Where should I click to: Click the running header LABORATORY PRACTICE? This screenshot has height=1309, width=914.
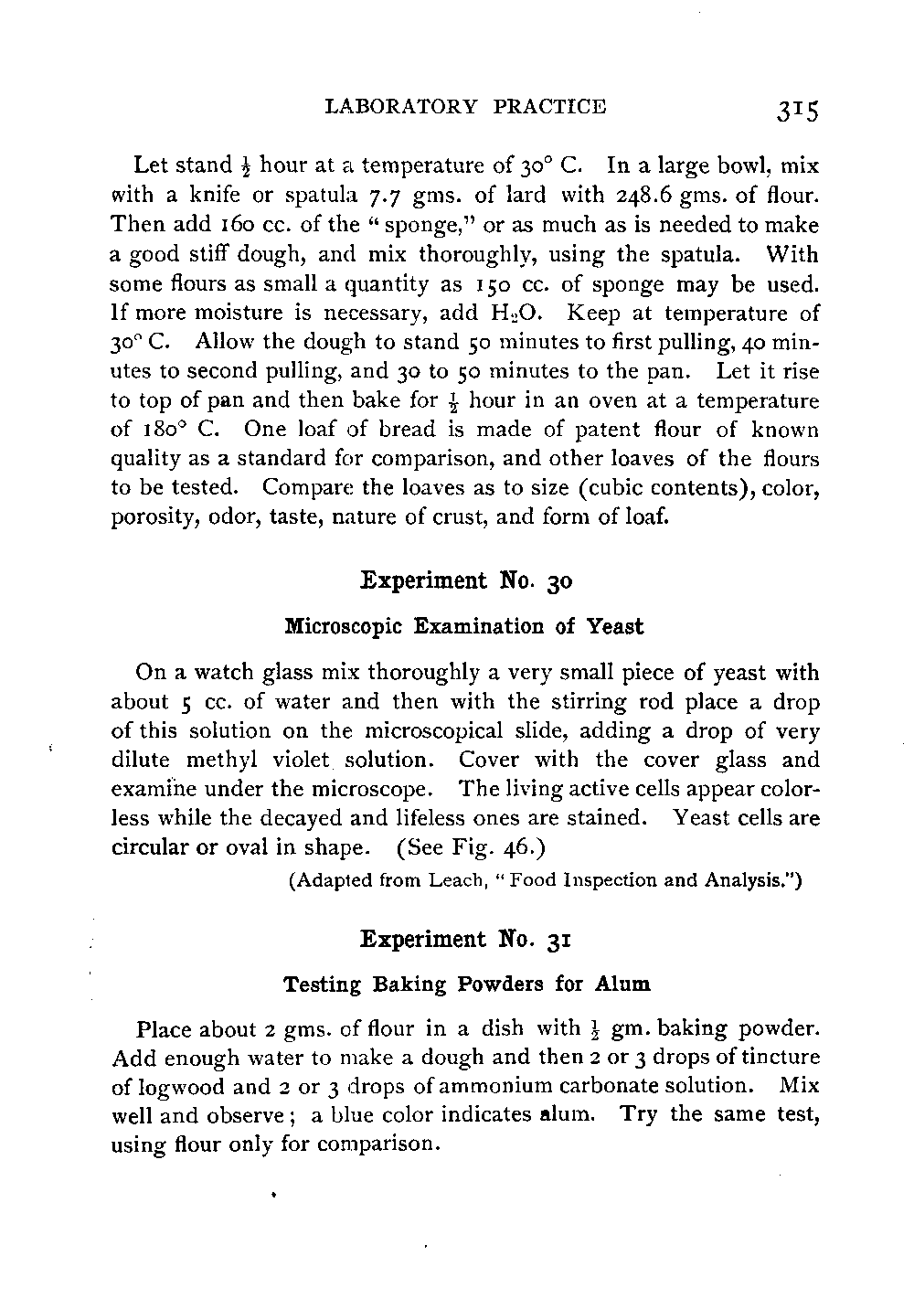[x=465, y=106]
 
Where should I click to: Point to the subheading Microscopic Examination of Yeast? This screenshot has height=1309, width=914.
[x=464, y=626]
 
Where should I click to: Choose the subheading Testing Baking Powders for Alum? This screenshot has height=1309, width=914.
[x=467, y=984]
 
